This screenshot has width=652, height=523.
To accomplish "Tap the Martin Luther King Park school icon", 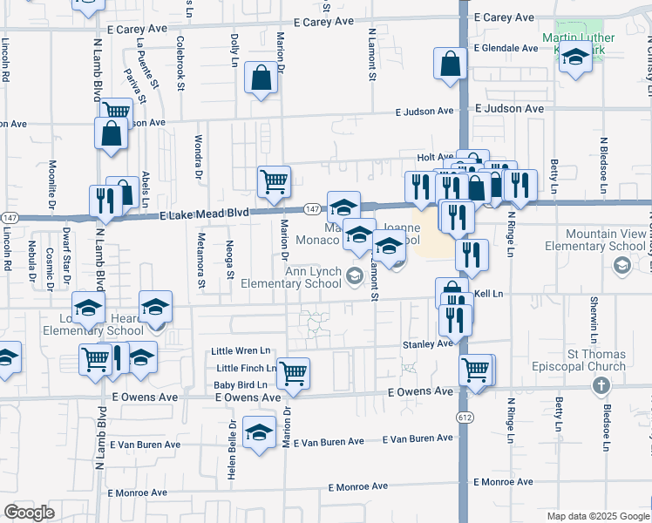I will click(x=575, y=58).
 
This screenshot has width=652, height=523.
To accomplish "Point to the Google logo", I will click(x=29, y=513).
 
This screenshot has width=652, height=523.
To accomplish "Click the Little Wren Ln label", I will click(x=241, y=350).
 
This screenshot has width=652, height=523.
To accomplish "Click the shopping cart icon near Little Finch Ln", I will click(x=293, y=372).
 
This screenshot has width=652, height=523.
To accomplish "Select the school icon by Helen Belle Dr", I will click(x=259, y=431).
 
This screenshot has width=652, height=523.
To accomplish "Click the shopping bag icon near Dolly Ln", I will click(x=261, y=78).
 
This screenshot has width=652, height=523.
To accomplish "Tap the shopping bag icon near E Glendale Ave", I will click(x=450, y=63).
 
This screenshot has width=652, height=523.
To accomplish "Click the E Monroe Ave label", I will click(x=503, y=482).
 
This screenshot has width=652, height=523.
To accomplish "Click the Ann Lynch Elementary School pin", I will click(x=354, y=277).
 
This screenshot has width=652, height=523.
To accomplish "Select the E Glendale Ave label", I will click(x=505, y=49).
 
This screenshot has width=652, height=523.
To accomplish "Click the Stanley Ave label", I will click(x=427, y=344).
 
